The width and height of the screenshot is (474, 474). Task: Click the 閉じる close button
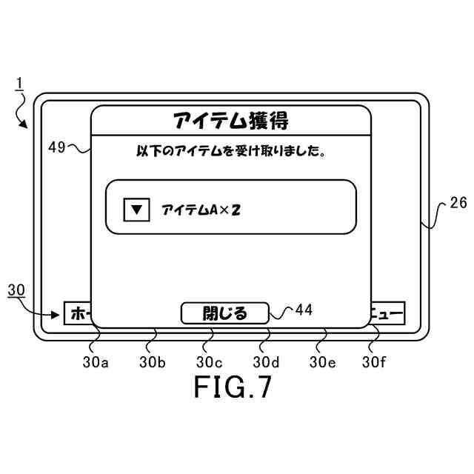(x=224, y=313)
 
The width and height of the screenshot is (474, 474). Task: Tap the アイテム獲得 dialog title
(x=230, y=120)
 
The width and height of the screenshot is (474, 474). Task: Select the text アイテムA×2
(x=201, y=210)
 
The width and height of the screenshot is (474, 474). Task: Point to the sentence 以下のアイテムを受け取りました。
(x=231, y=152)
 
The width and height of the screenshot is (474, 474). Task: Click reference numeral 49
(x=57, y=147)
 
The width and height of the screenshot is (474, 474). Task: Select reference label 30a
(x=96, y=362)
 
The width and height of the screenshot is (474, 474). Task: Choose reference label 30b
(x=153, y=362)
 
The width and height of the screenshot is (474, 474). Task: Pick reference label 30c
(x=210, y=362)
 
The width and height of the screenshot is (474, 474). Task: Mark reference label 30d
(x=267, y=362)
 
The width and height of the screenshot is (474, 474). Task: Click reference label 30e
(x=323, y=362)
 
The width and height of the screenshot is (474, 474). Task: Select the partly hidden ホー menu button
(x=77, y=314)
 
